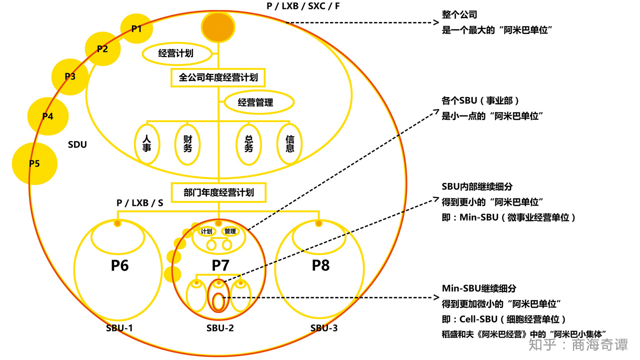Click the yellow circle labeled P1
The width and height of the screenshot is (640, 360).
pos(136,28)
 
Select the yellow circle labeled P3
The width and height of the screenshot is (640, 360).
pos(70,76)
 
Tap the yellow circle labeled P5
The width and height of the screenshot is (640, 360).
pos(34,163)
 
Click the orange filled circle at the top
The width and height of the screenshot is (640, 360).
pos(218,27)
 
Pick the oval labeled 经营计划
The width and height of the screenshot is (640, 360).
pos(175,53)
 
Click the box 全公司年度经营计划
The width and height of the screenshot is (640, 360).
pos(218,77)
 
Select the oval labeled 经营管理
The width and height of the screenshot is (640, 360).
pos(255,102)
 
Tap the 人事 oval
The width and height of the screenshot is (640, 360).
pos(147,143)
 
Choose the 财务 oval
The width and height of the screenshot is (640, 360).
pos(187,143)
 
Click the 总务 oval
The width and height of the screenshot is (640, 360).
pos(248,143)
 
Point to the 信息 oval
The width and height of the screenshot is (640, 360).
pos(289,143)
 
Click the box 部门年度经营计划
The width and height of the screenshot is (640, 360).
pos(218,192)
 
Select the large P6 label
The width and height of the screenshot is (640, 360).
pos(119,265)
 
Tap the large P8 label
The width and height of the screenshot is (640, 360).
pos(320,265)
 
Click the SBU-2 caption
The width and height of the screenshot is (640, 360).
pos(220,328)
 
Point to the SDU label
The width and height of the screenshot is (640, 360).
pos(77,145)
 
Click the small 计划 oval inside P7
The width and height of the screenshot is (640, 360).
pos(206,231)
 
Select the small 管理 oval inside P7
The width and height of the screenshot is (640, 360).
pos(230,231)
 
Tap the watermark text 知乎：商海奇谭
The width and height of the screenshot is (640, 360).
pos(578,345)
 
